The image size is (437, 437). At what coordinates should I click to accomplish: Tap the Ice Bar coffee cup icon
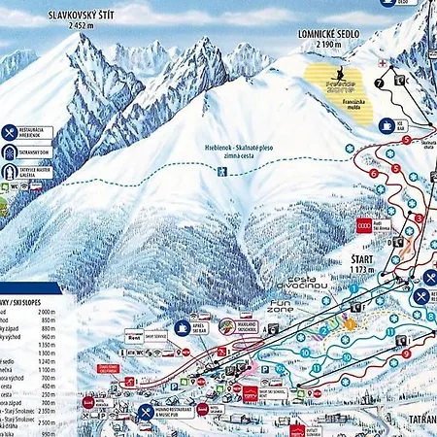coord(387,124)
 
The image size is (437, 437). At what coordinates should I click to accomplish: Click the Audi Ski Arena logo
coord(365,225)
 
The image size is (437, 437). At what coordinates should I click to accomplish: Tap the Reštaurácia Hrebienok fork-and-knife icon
coord(9,133)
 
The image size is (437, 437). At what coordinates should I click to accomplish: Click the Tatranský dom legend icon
coord(9,152)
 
